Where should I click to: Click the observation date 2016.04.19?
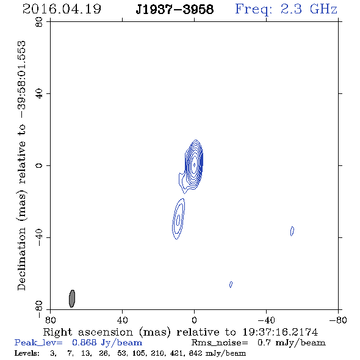point(62,9)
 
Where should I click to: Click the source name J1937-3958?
point(175,9)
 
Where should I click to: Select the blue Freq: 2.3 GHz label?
point(286,9)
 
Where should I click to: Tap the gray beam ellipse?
point(72,298)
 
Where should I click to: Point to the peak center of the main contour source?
point(194,165)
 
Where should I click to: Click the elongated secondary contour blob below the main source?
point(178,219)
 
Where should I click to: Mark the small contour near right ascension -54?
point(292,231)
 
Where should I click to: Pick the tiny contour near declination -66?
point(231,284)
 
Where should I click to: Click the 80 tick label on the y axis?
point(39,22)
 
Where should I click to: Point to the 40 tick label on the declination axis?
point(39,94)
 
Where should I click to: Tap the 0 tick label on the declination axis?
point(39,165)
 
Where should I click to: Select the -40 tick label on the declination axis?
point(39,237)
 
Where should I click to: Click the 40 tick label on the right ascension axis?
point(122,320)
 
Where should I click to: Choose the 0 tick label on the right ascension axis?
point(194,320)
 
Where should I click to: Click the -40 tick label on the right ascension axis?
point(266,320)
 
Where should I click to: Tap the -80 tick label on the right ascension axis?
point(338,320)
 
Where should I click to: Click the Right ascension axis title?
point(181,332)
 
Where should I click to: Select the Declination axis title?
point(21,165)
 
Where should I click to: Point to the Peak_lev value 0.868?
point(84,342)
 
